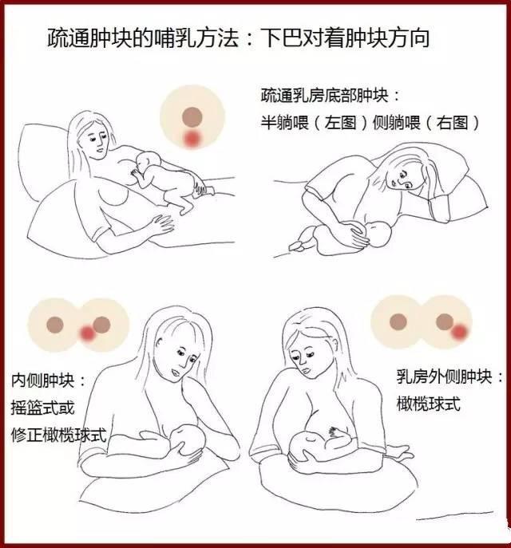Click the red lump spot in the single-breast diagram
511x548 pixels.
pos(192,139)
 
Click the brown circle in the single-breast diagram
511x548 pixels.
pos(192,116)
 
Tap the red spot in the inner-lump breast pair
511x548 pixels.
pos(88,333)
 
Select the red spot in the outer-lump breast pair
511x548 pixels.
pos(459,331)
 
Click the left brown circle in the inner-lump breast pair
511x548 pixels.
pos(55,325)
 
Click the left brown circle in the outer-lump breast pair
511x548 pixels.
pos(398,321)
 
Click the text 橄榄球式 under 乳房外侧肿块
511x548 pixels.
pos(428,404)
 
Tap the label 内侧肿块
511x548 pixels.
pos(42,380)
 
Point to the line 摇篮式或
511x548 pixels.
pos(42,408)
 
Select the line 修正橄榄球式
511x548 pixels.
pos(58,435)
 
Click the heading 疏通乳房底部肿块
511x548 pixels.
pos(324,96)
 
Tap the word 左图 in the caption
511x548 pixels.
pos(340,123)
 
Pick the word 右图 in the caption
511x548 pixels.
pos(452,123)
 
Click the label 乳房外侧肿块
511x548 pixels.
pos(444,377)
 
